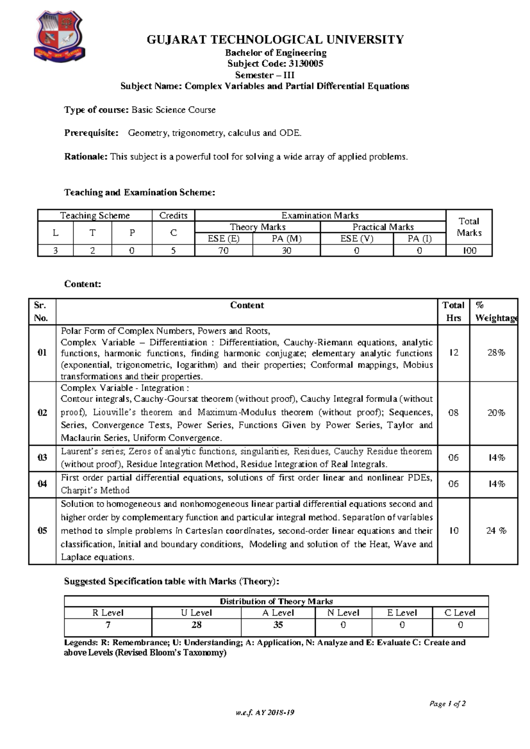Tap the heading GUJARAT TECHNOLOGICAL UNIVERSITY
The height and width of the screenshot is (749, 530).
click(x=275, y=40)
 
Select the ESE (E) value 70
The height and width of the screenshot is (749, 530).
click(x=223, y=251)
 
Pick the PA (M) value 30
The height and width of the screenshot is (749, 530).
click(x=286, y=251)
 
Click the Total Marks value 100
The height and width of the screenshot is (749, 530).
click(x=469, y=251)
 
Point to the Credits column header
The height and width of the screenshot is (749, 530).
click(x=173, y=216)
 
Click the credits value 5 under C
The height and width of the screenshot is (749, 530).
click(x=173, y=251)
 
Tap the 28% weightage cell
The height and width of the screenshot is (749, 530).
click(x=496, y=352)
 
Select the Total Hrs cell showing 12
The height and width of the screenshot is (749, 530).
click(x=454, y=352)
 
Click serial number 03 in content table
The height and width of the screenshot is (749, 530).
click(x=42, y=458)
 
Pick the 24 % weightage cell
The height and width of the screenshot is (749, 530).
click(x=496, y=531)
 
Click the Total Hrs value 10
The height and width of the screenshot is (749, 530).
click(x=454, y=531)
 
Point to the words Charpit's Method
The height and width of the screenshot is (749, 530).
click(x=95, y=491)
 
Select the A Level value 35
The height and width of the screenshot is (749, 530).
click(x=278, y=625)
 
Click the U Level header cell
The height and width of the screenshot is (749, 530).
click(x=196, y=613)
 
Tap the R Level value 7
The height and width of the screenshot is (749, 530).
click(x=108, y=625)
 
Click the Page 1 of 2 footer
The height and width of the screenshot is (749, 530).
click(x=447, y=704)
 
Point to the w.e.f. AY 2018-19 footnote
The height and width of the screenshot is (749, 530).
click(x=265, y=713)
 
